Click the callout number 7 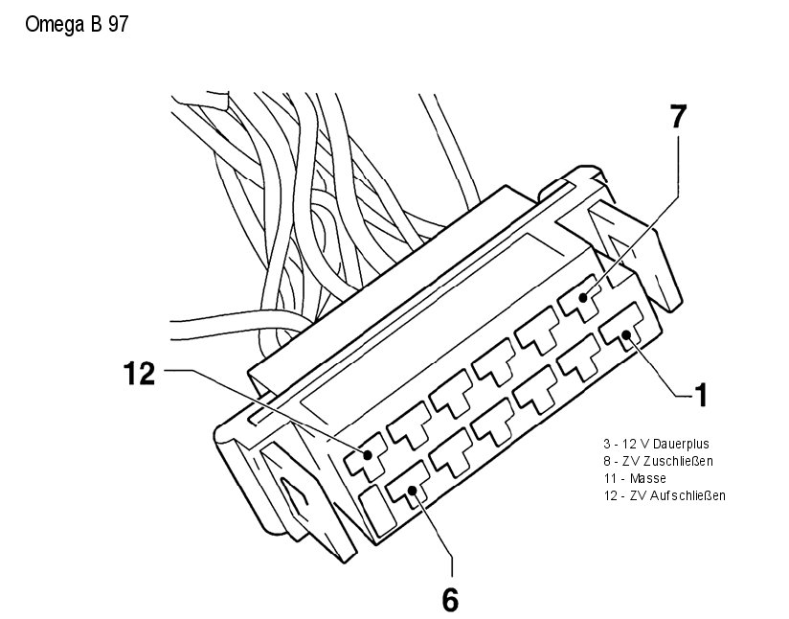pyautogui.click(x=678, y=117)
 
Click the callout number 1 pyautogui.click(x=701, y=394)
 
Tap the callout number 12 pyautogui.click(x=139, y=373)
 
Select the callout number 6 pyautogui.click(x=450, y=600)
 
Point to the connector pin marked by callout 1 pyautogui.click(x=623, y=332)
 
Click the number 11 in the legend pyautogui.click(x=609, y=478)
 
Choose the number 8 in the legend pyautogui.click(x=606, y=461)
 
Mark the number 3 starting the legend pyautogui.click(x=606, y=445)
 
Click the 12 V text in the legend pyautogui.click(x=634, y=445)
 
